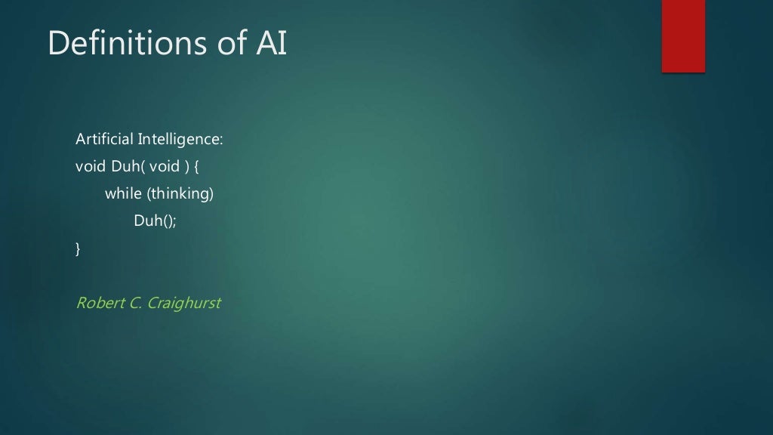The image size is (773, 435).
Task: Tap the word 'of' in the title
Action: click(x=229, y=44)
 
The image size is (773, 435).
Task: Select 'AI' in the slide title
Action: click(x=270, y=44)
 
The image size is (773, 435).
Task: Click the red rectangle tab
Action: click(x=683, y=35)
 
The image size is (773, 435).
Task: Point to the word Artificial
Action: click(x=104, y=140)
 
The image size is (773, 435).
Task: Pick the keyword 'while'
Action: click(x=123, y=194)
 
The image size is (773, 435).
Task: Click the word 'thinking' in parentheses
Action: click(x=180, y=194)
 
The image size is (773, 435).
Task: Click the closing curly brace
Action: click(x=79, y=249)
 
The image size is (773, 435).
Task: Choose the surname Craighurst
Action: click(x=184, y=304)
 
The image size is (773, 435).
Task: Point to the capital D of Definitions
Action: click(x=57, y=44)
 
